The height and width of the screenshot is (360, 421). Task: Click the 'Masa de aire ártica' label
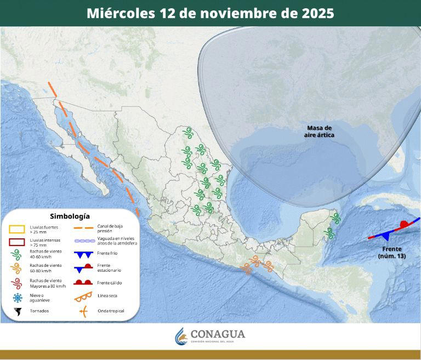(320, 131)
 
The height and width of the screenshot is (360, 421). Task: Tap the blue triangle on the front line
(388, 235)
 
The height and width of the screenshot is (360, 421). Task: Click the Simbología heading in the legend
(70, 216)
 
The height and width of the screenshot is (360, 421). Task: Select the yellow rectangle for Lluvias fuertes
(18, 228)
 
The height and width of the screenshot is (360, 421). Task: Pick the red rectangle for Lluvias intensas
(18, 242)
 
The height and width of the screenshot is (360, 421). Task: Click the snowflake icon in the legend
(18, 298)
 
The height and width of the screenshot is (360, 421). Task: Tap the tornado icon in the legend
(18, 311)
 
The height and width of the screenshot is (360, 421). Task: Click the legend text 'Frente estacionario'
(109, 268)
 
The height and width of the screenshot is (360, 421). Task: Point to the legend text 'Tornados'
(39, 311)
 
